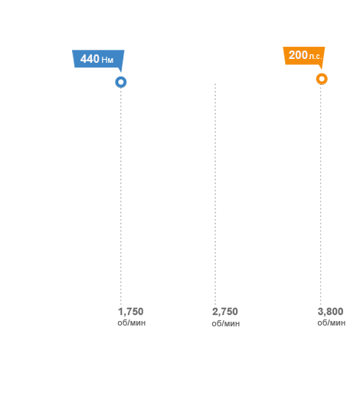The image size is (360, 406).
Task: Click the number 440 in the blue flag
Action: click(90, 59)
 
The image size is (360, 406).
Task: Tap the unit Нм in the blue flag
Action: click(107, 60)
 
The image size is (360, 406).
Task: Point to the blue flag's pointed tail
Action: click(120, 71)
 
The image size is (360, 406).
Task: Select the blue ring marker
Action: click(121, 82)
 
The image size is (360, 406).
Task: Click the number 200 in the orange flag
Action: click(298, 55)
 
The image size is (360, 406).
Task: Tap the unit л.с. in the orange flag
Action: click(316, 56)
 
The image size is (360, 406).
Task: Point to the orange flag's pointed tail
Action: click(322, 69)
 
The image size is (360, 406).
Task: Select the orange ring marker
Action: click(322, 79)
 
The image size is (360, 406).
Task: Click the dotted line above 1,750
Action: click(121, 196)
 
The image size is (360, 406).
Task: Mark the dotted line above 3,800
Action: click(321, 195)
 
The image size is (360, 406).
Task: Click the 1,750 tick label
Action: click(131, 312)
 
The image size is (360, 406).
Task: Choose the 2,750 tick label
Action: click(225, 312)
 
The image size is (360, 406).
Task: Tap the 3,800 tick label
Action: click(330, 312)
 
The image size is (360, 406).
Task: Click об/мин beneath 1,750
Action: click(132, 323)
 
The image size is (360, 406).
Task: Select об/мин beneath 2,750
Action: click(226, 323)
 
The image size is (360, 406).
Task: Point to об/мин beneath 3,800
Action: click(332, 323)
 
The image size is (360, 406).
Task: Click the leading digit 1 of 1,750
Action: click(120, 312)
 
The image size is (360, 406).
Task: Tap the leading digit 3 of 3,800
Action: click(320, 312)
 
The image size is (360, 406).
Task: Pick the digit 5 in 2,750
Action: click(229, 312)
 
